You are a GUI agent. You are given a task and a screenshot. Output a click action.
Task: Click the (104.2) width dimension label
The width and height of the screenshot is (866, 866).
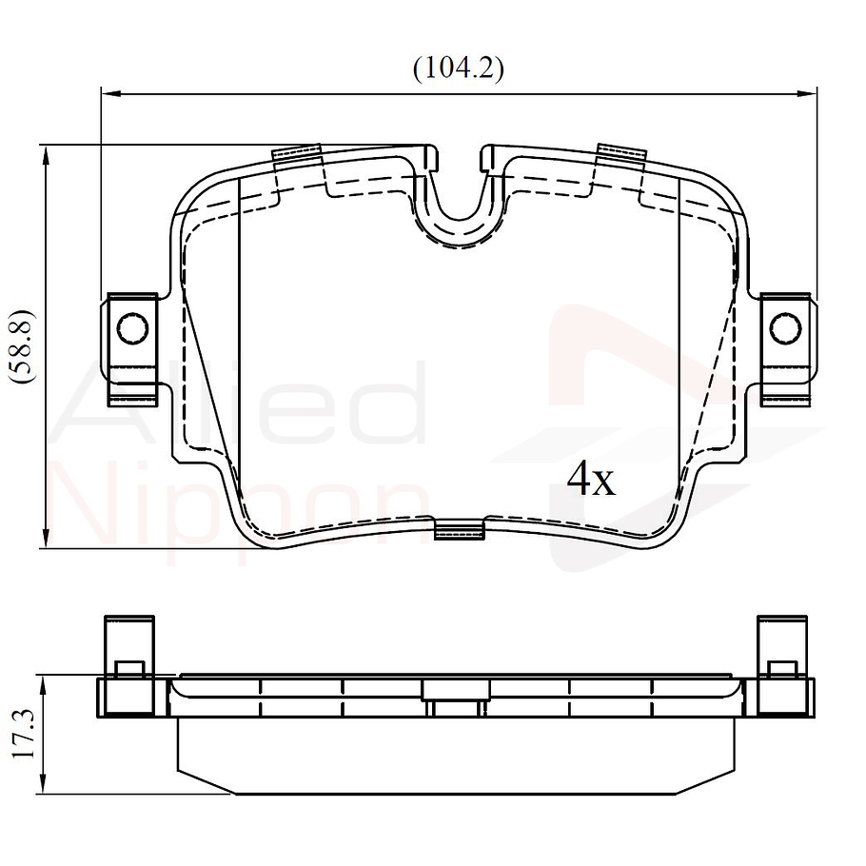pos(459,69)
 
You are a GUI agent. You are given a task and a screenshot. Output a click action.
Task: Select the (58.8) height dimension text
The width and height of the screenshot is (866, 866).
pos(23,346)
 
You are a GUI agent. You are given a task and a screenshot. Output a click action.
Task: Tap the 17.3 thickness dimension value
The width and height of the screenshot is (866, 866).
pos(23,735)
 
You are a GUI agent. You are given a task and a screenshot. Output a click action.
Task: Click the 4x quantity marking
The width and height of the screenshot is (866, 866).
pos(591,479)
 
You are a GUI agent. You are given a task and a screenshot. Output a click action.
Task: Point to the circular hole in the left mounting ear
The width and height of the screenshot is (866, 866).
pos(133,328)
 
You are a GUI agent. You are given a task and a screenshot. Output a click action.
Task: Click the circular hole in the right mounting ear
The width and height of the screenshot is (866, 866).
pos(785,328)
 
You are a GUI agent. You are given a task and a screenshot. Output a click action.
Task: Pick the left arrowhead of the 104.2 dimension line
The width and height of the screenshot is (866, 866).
pos(110,94)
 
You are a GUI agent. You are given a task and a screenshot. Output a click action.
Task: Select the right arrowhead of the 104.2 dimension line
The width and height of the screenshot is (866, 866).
pos(807,94)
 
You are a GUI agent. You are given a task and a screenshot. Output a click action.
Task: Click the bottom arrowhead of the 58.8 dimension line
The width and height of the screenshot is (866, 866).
pos(46,538)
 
